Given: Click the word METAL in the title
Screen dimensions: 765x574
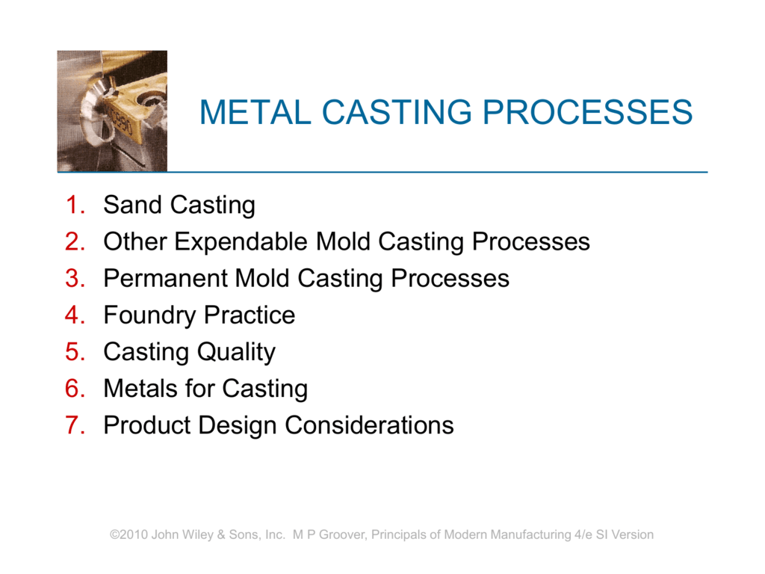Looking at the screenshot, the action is click(255, 112).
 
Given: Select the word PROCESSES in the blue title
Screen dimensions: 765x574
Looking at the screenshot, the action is click(587, 112).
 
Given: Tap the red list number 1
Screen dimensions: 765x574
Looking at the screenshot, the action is click(75, 205).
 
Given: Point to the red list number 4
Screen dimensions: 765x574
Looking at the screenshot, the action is click(75, 315).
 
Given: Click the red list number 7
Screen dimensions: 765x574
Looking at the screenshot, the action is click(75, 425).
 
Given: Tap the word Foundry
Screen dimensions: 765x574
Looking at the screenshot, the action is click(149, 316).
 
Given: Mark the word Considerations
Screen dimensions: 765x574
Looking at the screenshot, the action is click(369, 425).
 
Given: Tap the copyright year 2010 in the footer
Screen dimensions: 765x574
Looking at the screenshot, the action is click(133, 534).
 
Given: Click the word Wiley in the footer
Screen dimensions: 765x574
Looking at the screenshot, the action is click(199, 535).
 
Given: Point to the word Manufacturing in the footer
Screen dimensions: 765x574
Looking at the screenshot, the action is click(530, 535).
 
